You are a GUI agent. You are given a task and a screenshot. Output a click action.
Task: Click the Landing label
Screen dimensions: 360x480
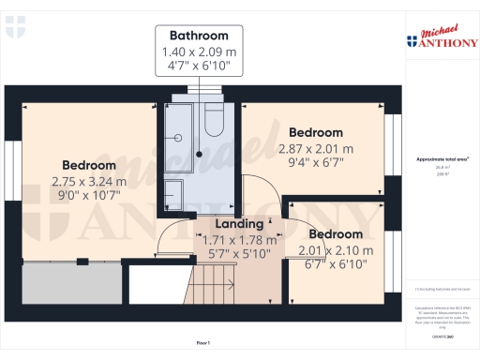[239, 225]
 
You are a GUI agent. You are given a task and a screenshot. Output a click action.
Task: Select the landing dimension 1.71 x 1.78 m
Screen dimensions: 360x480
[239, 240]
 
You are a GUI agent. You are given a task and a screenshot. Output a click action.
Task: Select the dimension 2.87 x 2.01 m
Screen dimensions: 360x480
[316, 148]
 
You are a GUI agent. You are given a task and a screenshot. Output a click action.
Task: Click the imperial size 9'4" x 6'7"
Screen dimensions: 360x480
[316, 163]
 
